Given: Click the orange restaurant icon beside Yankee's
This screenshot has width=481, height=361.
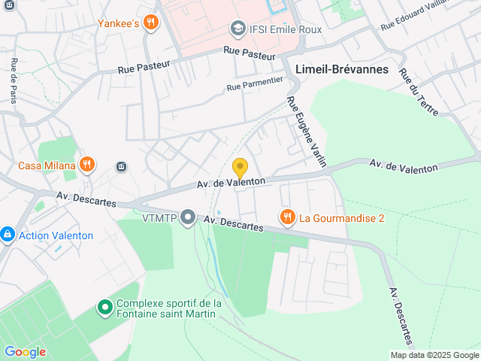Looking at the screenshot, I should click(x=151, y=23).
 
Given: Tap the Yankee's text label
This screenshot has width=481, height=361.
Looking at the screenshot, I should click(x=118, y=23).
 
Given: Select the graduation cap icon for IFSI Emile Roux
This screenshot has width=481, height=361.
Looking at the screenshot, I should click(x=238, y=29).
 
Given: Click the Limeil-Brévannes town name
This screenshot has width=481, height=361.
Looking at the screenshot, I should click(x=342, y=69).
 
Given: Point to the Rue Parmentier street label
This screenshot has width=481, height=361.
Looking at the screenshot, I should click(x=255, y=83).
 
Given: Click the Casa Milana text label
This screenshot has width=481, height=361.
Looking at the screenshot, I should click(x=47, y=165).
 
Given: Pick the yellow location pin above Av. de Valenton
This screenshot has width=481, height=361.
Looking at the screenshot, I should click(x=240, y=168).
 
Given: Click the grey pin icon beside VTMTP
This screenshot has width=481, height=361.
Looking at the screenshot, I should click(x=188, y=218).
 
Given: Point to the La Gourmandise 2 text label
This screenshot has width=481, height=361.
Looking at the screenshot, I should click(x=342, y=219).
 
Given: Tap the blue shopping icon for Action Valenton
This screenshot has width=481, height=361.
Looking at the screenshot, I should click(x=8, y=235).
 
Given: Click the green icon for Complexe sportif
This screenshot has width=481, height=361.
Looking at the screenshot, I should click(x=105, y=308).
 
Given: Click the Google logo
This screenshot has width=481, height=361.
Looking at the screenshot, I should click(x=25, y=352).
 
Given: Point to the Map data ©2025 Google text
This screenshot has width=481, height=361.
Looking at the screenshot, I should click(x=434, y=355).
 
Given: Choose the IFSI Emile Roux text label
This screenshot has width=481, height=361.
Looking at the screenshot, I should click(x=286, y=29).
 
